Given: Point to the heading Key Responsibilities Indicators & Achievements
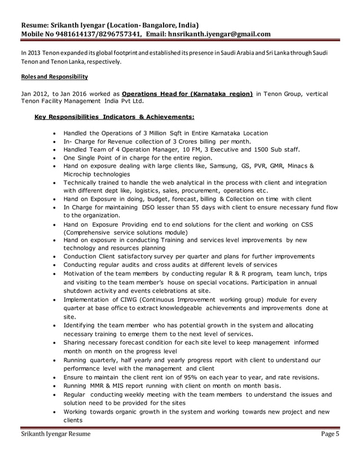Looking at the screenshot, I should click(x=115, y=117).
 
